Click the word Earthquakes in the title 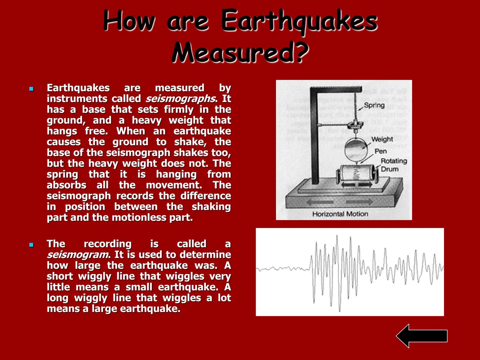click(x=299, y=21)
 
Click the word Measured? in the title click(x=240, y=52)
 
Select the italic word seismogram click(x=78, y=255)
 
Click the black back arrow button click(x=422, y=336)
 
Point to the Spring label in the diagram click(x=374, y=105)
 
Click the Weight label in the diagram click(x=382, y=139)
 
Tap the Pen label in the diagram click(x=380, y=151)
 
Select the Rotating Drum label click(x=393, y=165)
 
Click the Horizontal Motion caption click(x=340, y=214)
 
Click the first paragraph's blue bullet click(x=31, y=89)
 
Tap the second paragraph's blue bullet click(x=31, y=245)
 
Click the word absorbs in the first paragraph click(x=67, y=185)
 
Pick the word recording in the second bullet click(x=107, y=244)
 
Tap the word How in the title click(x=129, y=21)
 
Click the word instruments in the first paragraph click(x=77, y=99)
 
